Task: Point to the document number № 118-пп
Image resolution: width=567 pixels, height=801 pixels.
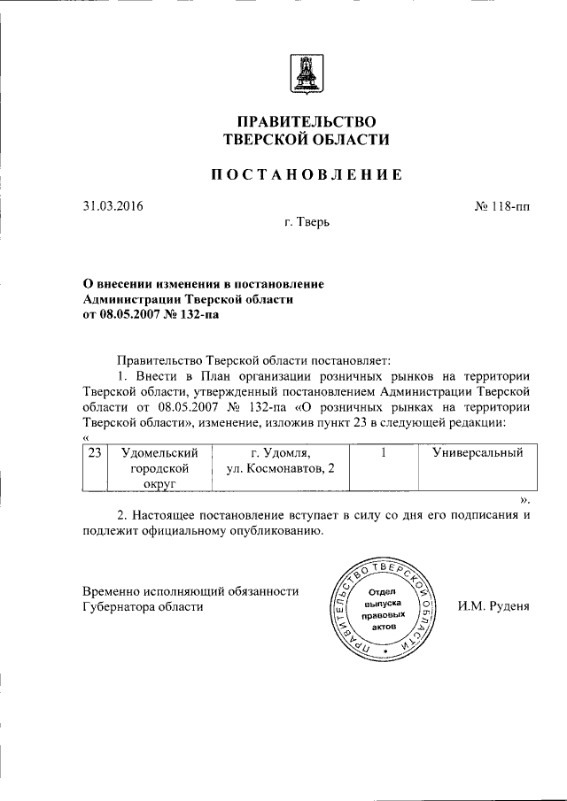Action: pos(501,208)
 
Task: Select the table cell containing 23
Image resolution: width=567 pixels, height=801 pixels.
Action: pos(95,453)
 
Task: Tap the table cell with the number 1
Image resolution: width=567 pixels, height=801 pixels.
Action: pos(382,453)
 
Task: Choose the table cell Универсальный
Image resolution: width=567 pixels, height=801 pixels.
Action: pos(477,453)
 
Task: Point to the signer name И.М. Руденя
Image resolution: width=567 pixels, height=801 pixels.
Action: pos(493,607)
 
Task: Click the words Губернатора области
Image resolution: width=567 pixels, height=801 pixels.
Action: pos(143,607)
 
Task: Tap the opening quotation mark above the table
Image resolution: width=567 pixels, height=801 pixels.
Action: pos(85,437)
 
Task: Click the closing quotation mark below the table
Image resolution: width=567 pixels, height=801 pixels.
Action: pos(524,499)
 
